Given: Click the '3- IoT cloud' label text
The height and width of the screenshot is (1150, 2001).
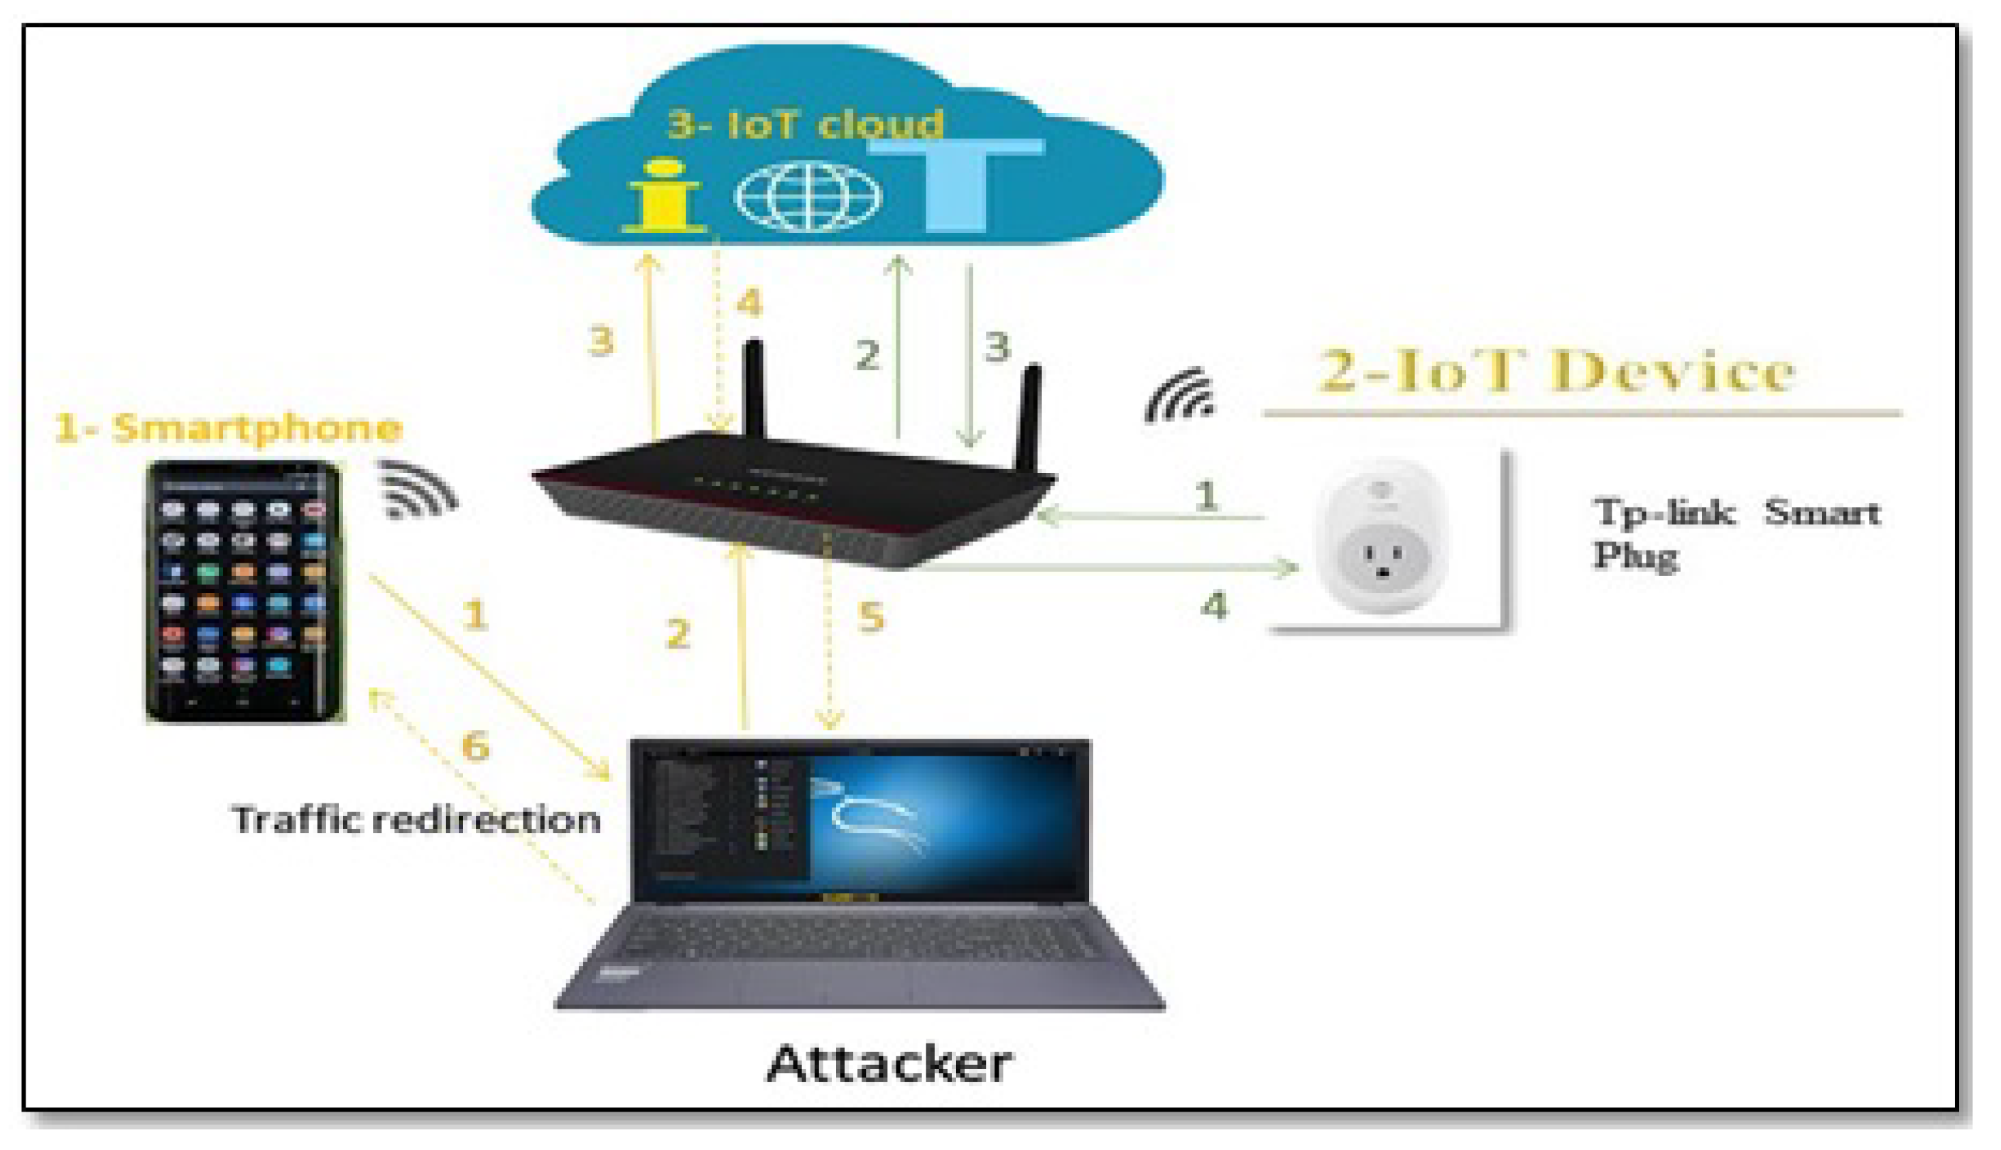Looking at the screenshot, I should [806, 124].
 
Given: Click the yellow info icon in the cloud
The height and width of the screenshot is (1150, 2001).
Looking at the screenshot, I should [663, 197].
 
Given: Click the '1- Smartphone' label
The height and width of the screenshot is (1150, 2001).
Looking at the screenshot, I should [228, 428].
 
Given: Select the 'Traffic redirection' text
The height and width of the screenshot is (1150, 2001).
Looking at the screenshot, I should [416, 820].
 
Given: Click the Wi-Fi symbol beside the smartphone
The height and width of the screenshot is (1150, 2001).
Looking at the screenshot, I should [417, 489].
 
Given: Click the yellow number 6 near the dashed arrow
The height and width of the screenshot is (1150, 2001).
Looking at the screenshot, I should [475, 746].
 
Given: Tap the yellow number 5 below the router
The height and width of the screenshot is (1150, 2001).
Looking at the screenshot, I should [871, 617].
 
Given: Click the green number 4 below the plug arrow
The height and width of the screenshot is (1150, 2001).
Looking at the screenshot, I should [1214, 607].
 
